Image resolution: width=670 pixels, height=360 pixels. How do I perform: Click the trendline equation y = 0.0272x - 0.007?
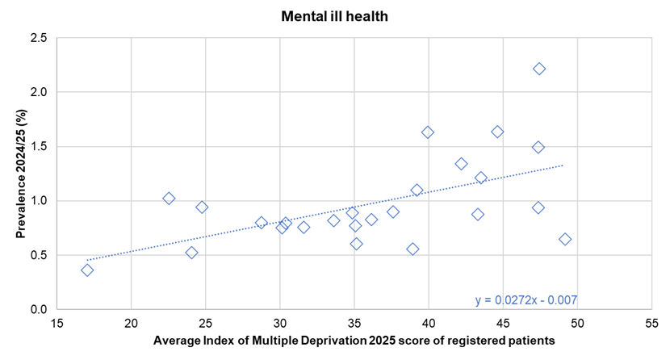point(526,300)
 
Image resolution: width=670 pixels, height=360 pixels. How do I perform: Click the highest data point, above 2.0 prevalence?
point(539,69)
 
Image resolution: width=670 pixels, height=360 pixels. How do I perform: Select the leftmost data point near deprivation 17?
point(87,270)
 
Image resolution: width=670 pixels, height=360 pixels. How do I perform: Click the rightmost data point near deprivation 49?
point(565,239)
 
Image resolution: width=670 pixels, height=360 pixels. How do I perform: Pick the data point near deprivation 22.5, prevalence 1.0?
point(169,198)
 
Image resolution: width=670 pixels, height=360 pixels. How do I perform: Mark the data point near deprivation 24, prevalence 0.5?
point(191,252)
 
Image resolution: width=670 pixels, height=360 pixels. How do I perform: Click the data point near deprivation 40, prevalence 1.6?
point(428,132)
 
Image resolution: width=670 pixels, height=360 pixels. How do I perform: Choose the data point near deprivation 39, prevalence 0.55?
point(412,249)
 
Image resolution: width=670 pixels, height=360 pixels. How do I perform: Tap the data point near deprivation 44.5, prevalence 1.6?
point(497,132)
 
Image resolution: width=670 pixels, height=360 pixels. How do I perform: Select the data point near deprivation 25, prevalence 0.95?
point(202,207)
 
